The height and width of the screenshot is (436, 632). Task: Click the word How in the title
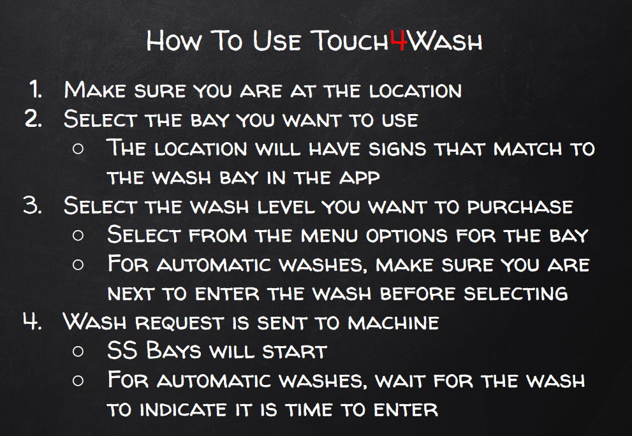tap(168, 41)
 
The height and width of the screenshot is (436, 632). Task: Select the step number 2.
tap(33, 119)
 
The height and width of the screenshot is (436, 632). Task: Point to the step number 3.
tap(33, 206)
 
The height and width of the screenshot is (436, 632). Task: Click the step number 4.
tap(33, 323)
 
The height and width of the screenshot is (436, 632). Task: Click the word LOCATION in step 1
tap(415, 91)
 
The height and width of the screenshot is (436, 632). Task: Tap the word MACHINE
tap(393, 323)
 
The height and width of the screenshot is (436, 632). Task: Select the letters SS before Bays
tap(121, 351)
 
